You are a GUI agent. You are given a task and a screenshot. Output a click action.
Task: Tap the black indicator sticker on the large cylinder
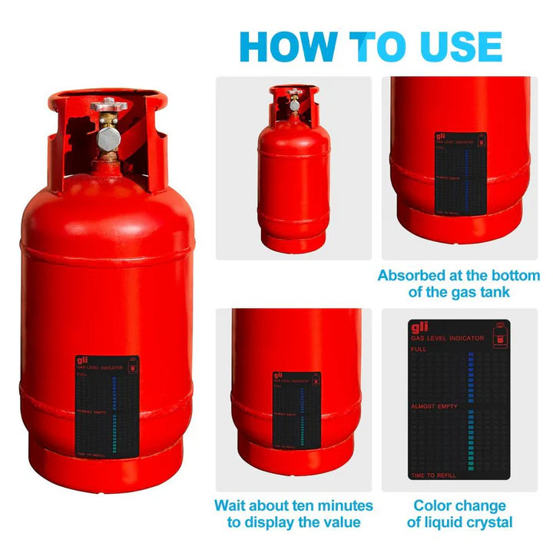pyautogui.click(x=108, y=408)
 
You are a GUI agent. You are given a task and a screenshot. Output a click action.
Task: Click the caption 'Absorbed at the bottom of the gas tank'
pyautogui.click(x=459, y=283)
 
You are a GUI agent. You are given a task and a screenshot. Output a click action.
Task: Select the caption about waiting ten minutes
pyautogui.click(x=293, y=514)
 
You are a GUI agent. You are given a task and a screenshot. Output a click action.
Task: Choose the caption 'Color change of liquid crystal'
pyautogui.click(x=459, y=514)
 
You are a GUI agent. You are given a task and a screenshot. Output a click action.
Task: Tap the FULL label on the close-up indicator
pyautogui.click(x=419, y=349)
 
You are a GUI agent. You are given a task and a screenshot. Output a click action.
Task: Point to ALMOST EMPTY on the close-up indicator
pyautogui.click(x=433, y=406)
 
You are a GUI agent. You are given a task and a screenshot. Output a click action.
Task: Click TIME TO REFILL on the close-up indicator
pyautogui.click(x=433, y=476)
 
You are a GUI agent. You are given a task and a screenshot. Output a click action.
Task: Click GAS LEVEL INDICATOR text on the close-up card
pyautogui.click(x=447, y=338)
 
